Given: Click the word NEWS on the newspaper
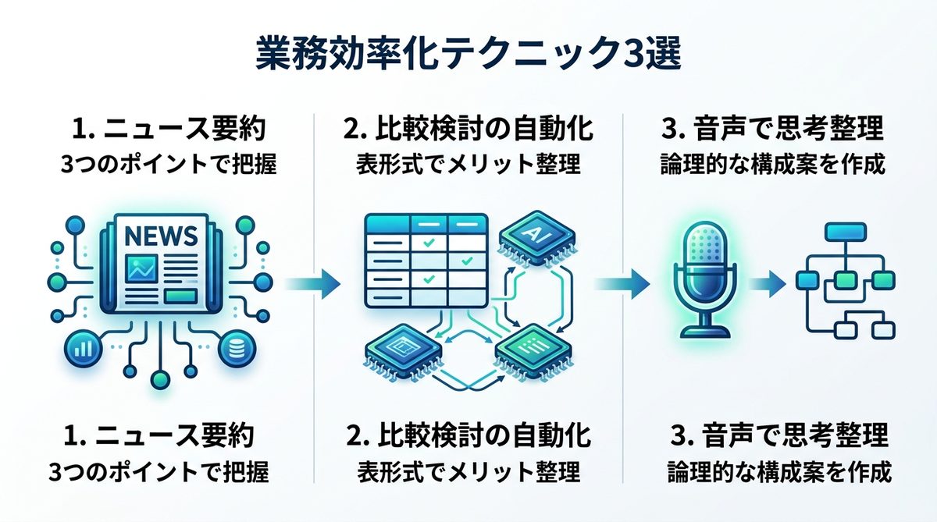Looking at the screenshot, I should point(159,234).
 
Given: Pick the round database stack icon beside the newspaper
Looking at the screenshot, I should point(233,348).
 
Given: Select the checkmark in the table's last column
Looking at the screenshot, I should point(466,260).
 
